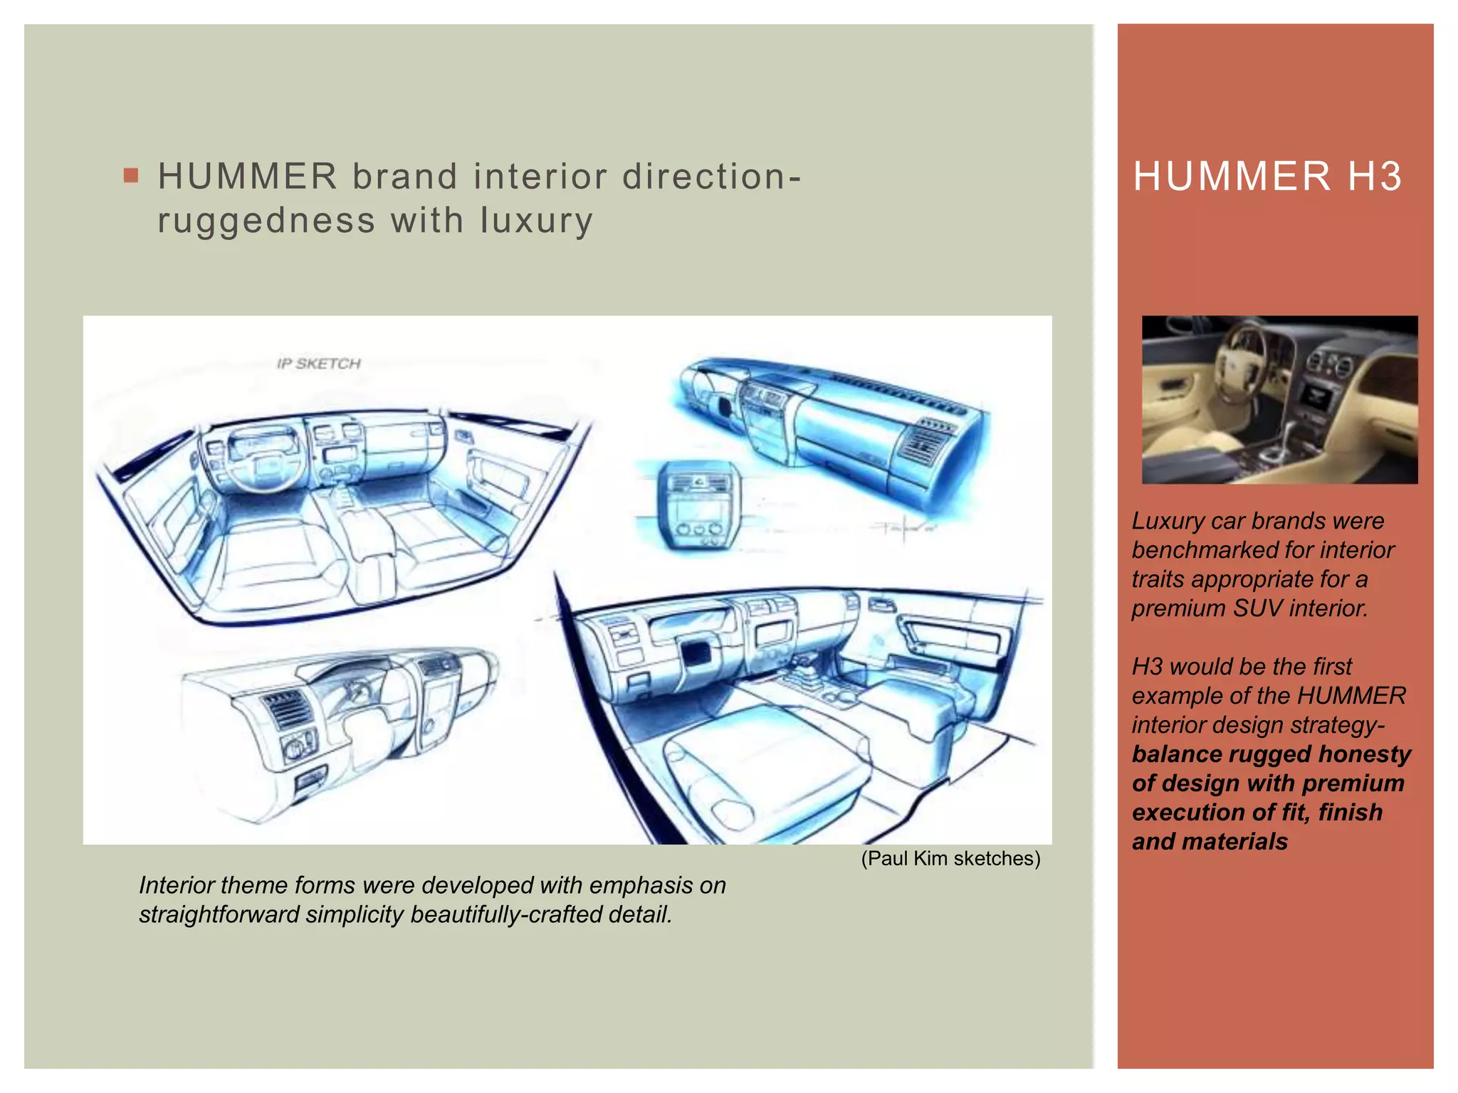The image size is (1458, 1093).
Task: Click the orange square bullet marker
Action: pyautogui.click(x=131, y=175)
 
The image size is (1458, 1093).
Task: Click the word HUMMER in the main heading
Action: pyautogui.click(x=247, y=176)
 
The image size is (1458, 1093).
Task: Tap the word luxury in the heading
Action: pyautogui.click(x=536, y=221)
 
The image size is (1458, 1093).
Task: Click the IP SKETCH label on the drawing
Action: pyautogui.click(x=318, y=364)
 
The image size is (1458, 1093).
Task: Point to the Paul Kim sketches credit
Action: pyautogui.click(x=950, y=858)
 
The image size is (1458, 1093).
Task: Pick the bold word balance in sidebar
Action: pyautogui.click(x=1175, y=754)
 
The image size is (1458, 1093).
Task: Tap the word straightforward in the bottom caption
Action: pyautogui.click(x=218, y=914)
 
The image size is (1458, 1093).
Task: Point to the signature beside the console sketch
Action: pyautogui.click(x=903, y=528)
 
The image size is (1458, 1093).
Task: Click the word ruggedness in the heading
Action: pyautogui.click(x=266, y=221)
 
